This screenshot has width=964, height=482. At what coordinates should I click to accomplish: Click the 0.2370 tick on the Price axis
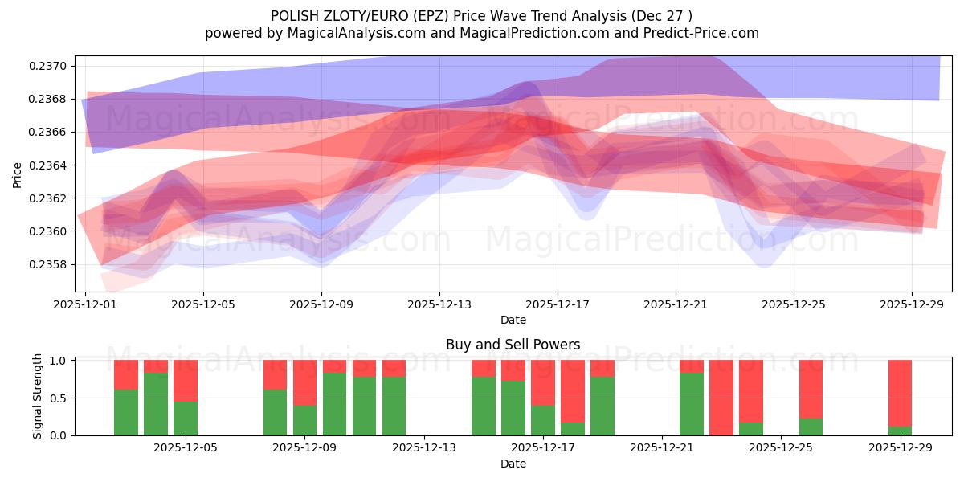51,66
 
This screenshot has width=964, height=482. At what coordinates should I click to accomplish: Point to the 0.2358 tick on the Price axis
51,264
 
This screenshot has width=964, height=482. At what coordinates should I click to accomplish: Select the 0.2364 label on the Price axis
51,165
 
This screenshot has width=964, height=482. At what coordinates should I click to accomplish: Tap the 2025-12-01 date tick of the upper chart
85,305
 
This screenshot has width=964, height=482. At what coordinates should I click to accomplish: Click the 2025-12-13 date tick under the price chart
439,305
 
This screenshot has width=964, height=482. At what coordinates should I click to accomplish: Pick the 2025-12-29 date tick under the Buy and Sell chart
900,448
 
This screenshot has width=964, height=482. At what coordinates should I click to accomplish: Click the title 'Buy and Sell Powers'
513,345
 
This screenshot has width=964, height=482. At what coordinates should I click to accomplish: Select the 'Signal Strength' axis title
37,398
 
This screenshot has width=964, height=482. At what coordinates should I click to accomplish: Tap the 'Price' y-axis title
17,175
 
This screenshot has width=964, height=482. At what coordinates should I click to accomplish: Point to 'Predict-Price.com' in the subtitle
705,33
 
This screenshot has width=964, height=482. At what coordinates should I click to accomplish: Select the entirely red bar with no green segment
721,398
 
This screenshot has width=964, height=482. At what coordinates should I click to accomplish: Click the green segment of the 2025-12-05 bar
186,418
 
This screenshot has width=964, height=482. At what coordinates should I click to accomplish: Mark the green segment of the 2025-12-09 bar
305,420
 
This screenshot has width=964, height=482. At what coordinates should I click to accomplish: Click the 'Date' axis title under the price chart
513,320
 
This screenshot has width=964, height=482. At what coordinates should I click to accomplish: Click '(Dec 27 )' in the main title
660,16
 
